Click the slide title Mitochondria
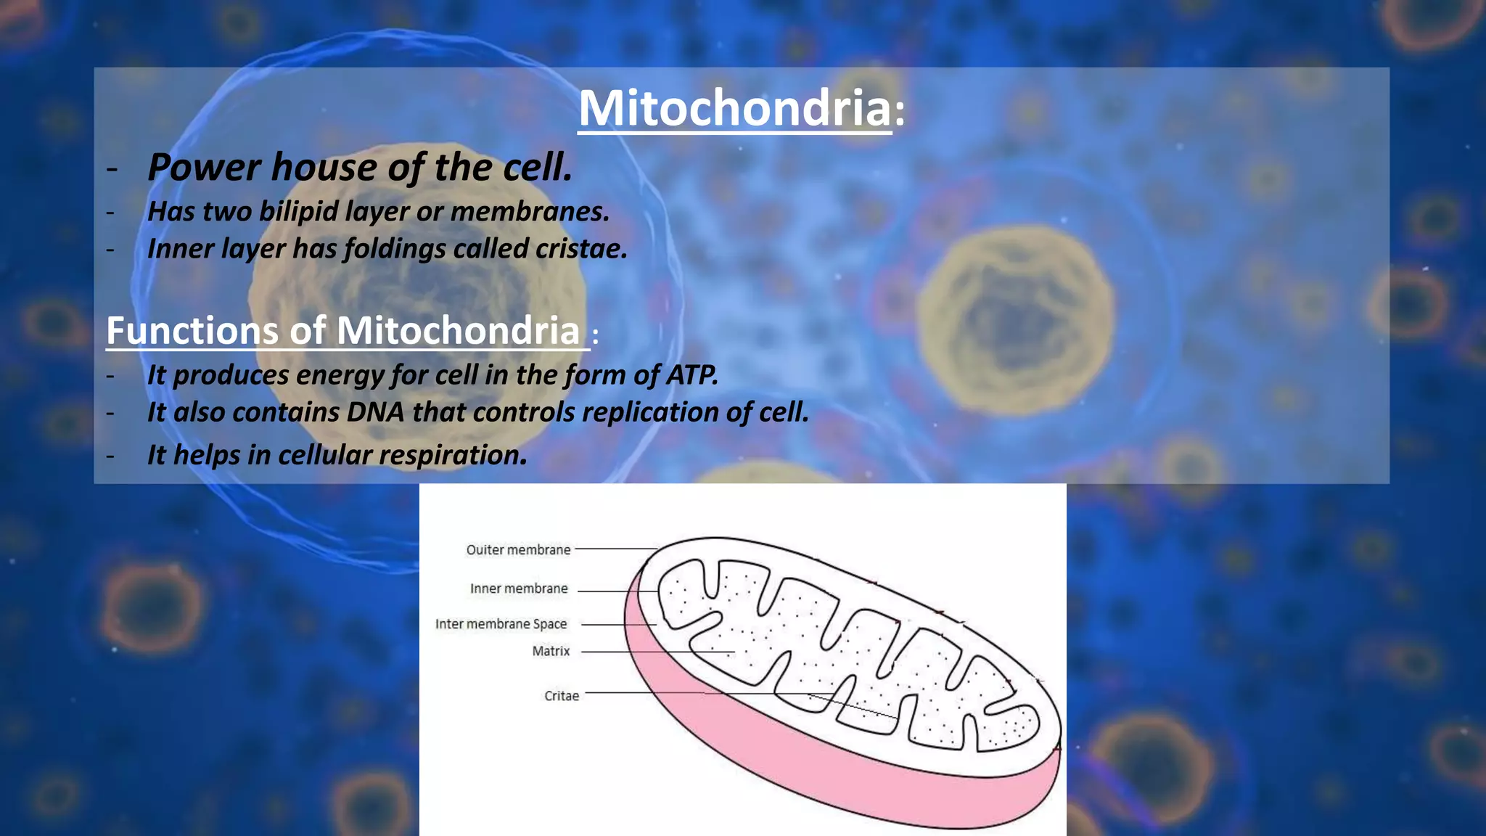tap(734, 108)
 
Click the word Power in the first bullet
tap(203, 167)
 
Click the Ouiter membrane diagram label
tap(518, 550)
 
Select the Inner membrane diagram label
tap(518, 589)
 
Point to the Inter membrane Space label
tap(501, 624)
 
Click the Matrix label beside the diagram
tap(551, 652)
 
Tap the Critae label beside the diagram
tap(562, 696)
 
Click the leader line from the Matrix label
tap(653, 652)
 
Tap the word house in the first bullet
tap(324, 167)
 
